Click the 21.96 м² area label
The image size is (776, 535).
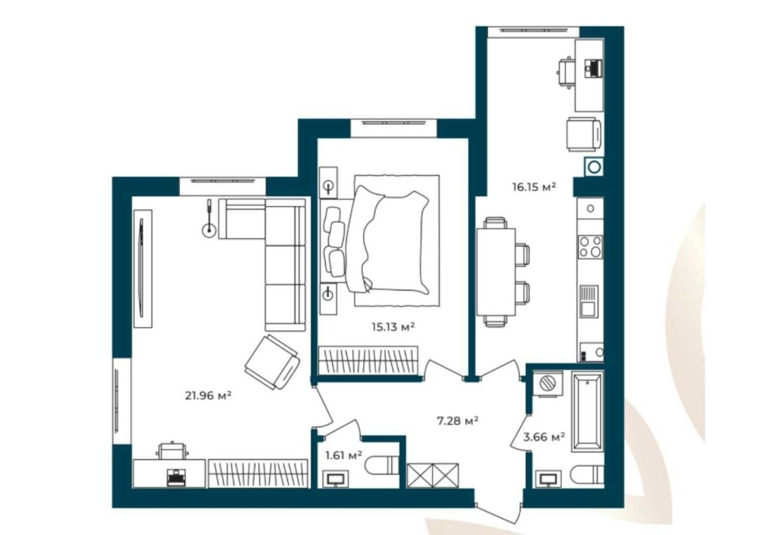click(208, 395)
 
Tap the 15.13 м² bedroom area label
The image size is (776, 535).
click(393, 326)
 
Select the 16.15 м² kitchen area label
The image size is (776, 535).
click(534, 186)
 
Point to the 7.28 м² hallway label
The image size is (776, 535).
click(457, 421)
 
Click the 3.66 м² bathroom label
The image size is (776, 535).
click(545, 437)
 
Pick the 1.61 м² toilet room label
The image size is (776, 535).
click(344, 454)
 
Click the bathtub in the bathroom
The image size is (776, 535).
click(587, 412)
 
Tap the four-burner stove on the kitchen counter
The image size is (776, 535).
click(591, 247)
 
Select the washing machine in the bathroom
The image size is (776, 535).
click(548, 383)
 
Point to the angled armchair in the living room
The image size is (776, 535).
click(272, 361)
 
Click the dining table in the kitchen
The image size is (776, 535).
click(497, 271)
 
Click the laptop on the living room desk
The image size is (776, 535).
click(175, 477)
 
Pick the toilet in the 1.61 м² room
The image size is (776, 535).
click(382, 464)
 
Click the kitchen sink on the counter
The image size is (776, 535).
click(589, 302)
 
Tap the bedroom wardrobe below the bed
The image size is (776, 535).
click(368, 360)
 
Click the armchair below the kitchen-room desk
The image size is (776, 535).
click(584, 134)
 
